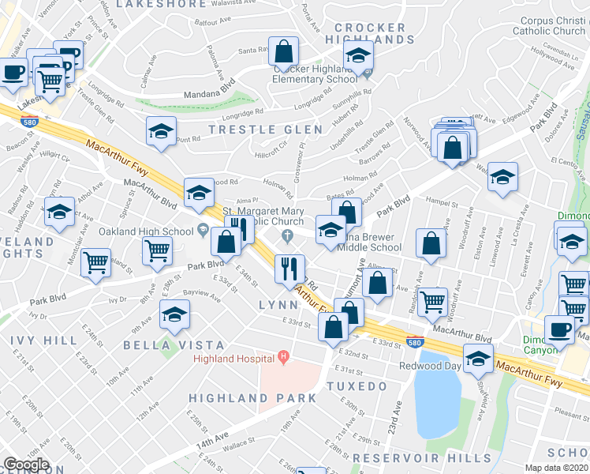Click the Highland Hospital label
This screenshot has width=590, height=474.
235,359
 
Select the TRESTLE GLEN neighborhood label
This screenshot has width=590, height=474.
265,130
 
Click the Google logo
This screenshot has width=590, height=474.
26,465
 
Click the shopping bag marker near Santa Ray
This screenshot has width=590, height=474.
282,52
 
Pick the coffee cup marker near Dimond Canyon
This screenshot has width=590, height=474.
559,329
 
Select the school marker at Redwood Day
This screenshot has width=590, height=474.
477,359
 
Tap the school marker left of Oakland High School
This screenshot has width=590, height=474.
59,212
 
